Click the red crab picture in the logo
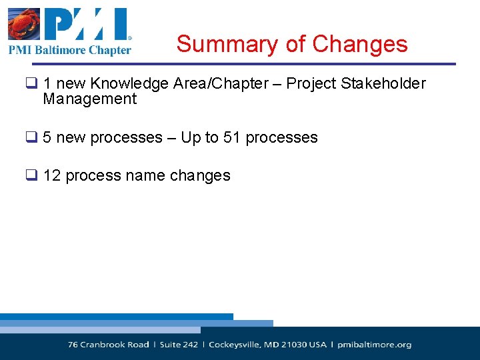tap(24, 25)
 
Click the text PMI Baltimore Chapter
tap(70, 50)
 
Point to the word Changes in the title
tap(359, 44)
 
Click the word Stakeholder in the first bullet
tap(383, 83)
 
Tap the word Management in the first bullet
tap(89, 99)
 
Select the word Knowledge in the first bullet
tap(129, 83)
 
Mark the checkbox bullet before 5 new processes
tap(31, 138)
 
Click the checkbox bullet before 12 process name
tap(31, 176)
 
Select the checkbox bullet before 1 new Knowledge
tap(31, 84)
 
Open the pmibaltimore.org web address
tap(375, 345)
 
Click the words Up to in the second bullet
tap(199, 137)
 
